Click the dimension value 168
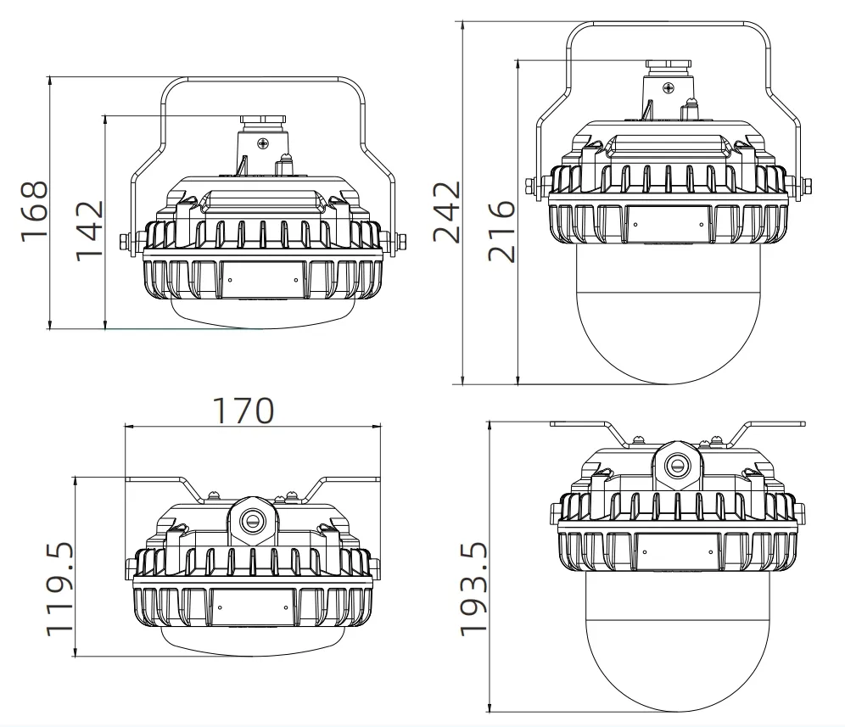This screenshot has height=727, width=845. (x=34, y=212)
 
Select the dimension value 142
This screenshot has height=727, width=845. (x=89, y=232)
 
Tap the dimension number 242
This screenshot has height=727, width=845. (x=447, y=212)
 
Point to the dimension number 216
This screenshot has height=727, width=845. (x=501, y=232)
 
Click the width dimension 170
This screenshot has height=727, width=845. (x=243, y=411)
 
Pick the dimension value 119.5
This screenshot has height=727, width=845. (x=59, y=589)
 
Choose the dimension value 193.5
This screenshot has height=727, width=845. (x=473, y=589)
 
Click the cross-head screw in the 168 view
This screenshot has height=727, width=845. (x=263, y=143)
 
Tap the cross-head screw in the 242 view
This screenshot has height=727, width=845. (x=669, y=87)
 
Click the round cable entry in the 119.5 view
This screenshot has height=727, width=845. (x=252, y=520)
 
